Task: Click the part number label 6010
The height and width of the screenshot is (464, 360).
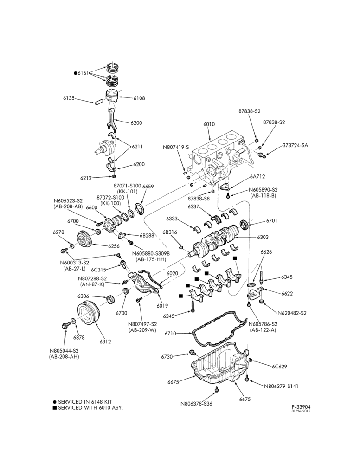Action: (209, 124)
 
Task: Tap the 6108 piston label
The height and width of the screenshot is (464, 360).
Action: (139, 98)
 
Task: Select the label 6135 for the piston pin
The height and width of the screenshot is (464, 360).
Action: (69, 98)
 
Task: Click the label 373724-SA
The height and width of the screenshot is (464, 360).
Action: (295, 145)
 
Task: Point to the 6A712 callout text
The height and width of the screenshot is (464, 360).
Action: (257, 176)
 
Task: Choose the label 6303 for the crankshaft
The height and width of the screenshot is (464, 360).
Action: (263, 237)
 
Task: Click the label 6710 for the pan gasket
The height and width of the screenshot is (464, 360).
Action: (170, 334)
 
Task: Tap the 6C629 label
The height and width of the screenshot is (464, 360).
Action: (279, 367)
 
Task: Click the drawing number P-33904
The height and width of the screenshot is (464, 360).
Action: (301, 407)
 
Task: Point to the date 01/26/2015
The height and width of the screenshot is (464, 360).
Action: (301, 411)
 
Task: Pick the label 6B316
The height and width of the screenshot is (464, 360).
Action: (169, 232)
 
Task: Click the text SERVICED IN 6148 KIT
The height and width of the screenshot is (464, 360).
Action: (85, 402)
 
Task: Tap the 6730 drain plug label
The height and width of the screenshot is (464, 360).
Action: (167, 357)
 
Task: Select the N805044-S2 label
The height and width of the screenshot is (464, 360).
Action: (64, 351)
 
